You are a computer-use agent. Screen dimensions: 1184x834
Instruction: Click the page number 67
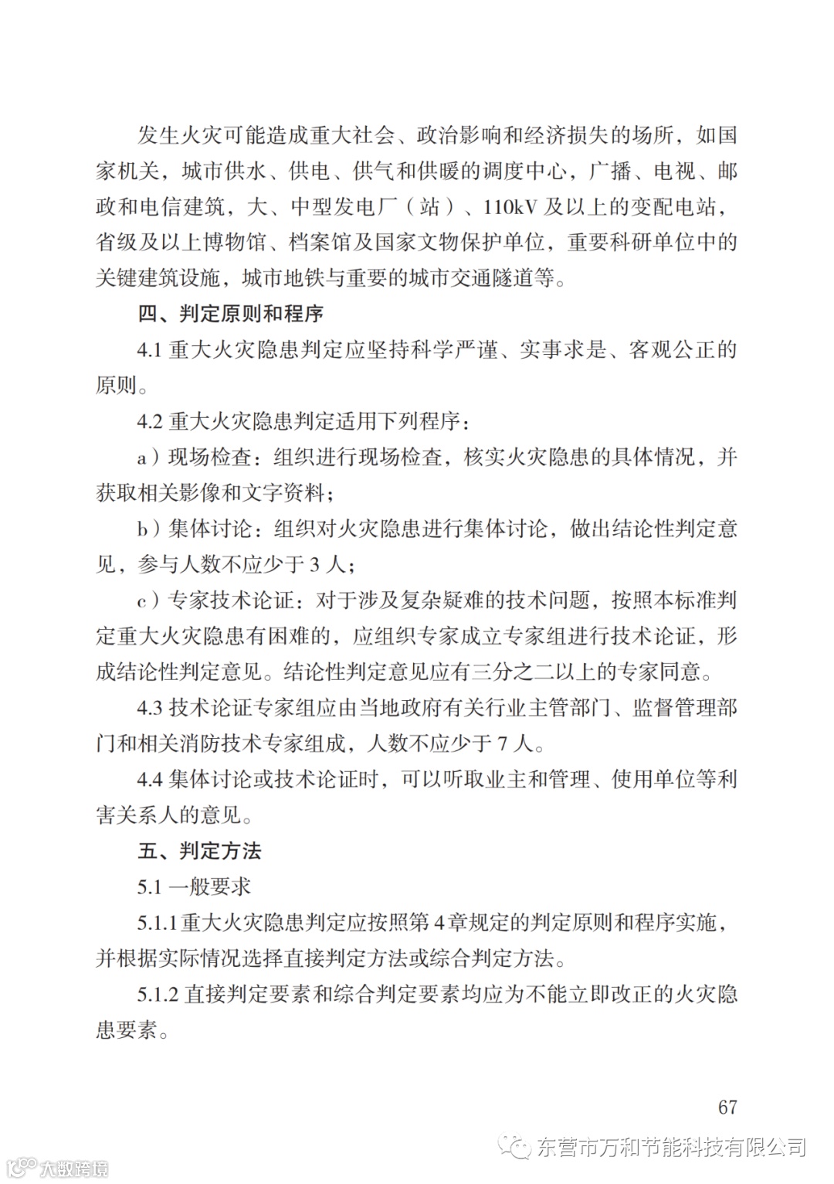pyautogui.click(x=727, y=1107)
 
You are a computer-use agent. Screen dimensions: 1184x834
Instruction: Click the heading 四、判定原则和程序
pyautogui.click(x=230, y=315)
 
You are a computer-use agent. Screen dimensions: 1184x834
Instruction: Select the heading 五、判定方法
pyautogui.click(x=199, y=851)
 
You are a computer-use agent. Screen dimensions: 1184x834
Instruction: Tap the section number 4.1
pyautogui.click(x=149, y=350)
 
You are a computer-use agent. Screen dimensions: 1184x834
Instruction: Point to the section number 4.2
pyautogui.click(x=149, y=422)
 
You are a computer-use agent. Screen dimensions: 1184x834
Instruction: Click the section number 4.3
pyautogui.click(x=149, y=708)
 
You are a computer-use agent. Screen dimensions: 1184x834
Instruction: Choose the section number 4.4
pyautogui.click(x=149, y=779)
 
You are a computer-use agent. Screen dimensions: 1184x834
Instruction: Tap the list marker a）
pyautogui.click(x=150, y=458)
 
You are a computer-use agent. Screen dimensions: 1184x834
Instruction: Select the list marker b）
pyautogui.click(x=150, y=529)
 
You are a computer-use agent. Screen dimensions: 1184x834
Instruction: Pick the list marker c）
pyautogui.click(x=150, y=601)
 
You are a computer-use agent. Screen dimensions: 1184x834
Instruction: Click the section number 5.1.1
pyautogui.click(x=158, y=923)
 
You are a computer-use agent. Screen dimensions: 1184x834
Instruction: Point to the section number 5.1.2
pyautogui.click(x=158, y=994)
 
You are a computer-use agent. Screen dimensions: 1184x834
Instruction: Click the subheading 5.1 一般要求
pyautogui.click(x=194, y=886)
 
